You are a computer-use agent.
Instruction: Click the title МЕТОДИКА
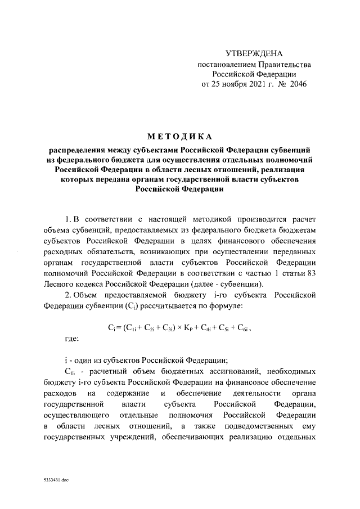pyautogui.click(x=180, y=137)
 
